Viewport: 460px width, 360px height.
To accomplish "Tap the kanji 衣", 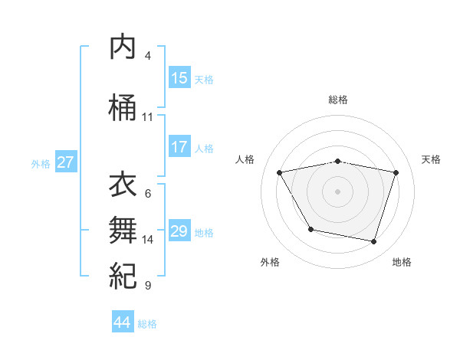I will (x=123, y=185).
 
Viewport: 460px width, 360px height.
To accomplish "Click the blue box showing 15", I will (x=179, y=78).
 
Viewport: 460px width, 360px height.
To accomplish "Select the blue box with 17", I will (x=179, y=148).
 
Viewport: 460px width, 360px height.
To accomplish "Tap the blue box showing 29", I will (x=179, y=231).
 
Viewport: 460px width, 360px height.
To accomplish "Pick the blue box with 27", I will (x=66, y=162).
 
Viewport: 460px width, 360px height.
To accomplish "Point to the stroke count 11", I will (x=147, y=117).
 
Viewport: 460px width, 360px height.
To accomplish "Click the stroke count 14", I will (x=148, y=240).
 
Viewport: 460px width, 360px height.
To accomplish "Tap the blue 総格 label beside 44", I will (x=147, y=324).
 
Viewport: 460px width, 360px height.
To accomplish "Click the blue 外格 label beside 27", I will (x=41, y=163).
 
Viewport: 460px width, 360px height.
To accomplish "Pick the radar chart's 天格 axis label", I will (x=431, y=159).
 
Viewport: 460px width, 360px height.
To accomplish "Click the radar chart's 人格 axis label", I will (x=245, y=159).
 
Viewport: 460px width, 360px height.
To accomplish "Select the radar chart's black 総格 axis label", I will (x=338, y=100).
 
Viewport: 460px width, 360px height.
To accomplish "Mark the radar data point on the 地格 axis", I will (x=374, y=242).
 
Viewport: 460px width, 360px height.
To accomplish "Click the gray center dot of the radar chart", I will (x=338, y=191).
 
